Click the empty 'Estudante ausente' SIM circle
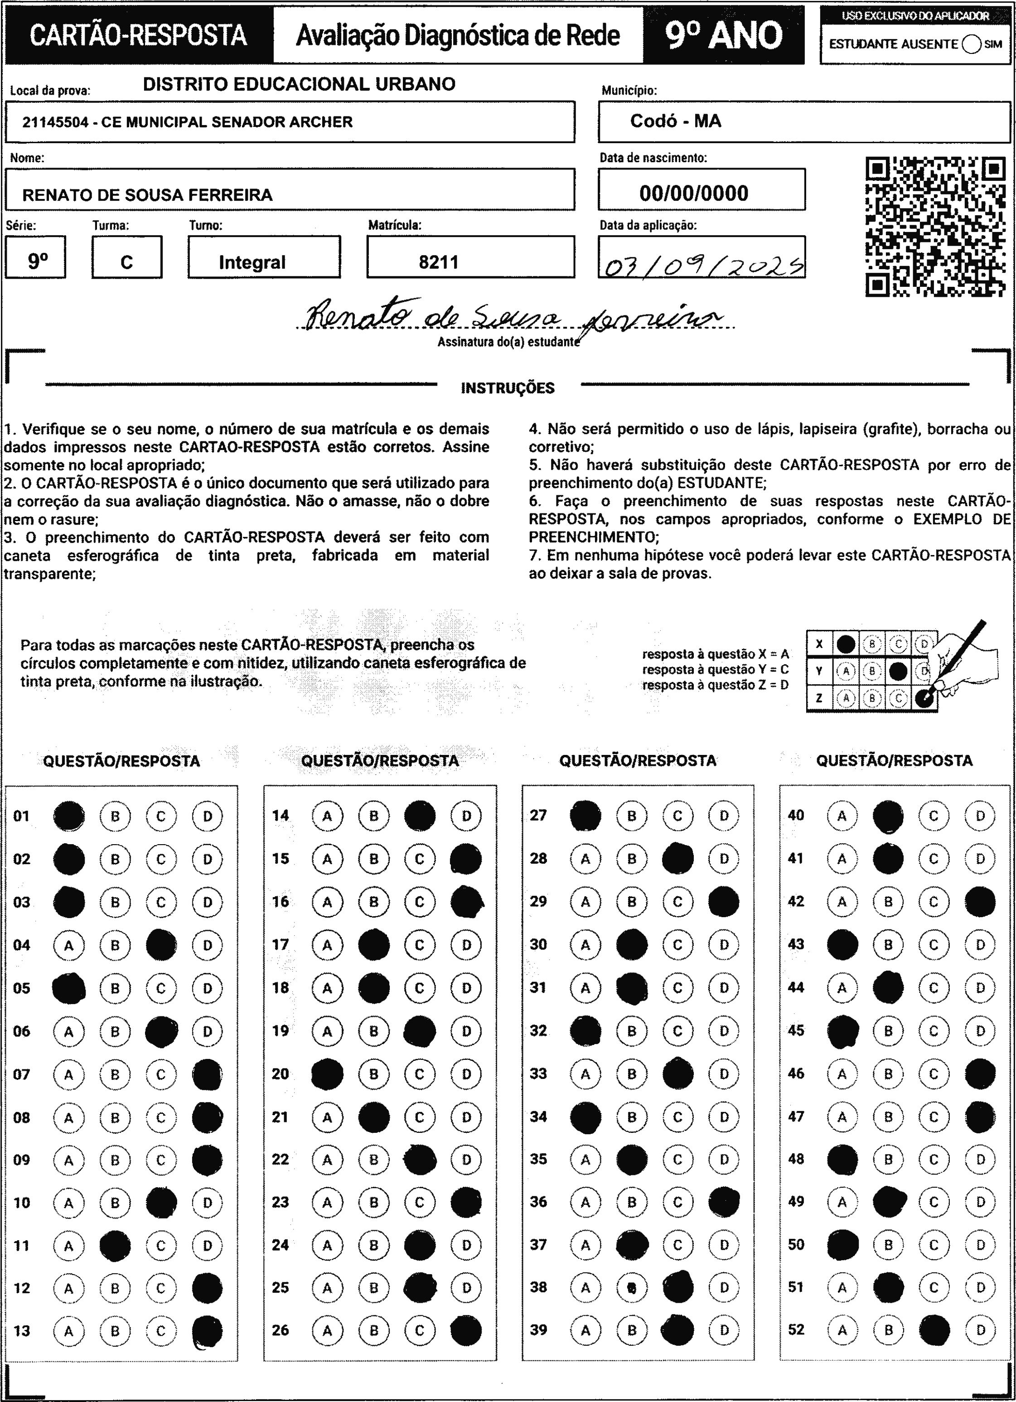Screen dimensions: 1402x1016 tap(972, 44)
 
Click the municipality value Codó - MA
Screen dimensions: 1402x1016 tap(675, 121)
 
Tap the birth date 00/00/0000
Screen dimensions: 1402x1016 tap(694, 193)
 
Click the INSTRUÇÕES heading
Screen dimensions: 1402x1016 tap(508, 388)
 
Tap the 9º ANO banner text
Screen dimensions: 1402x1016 tap(724, 35)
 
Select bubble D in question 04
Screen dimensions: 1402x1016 tap(207, 945)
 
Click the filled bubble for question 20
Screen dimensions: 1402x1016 tap(327, 1074)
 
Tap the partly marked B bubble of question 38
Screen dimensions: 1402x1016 tap(631, 1288)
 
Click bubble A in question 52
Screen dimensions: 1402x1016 tap(842, 1330)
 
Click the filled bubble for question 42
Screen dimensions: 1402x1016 tap(979, 902)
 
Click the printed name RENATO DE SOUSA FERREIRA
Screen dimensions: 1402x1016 tap(147, 195)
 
